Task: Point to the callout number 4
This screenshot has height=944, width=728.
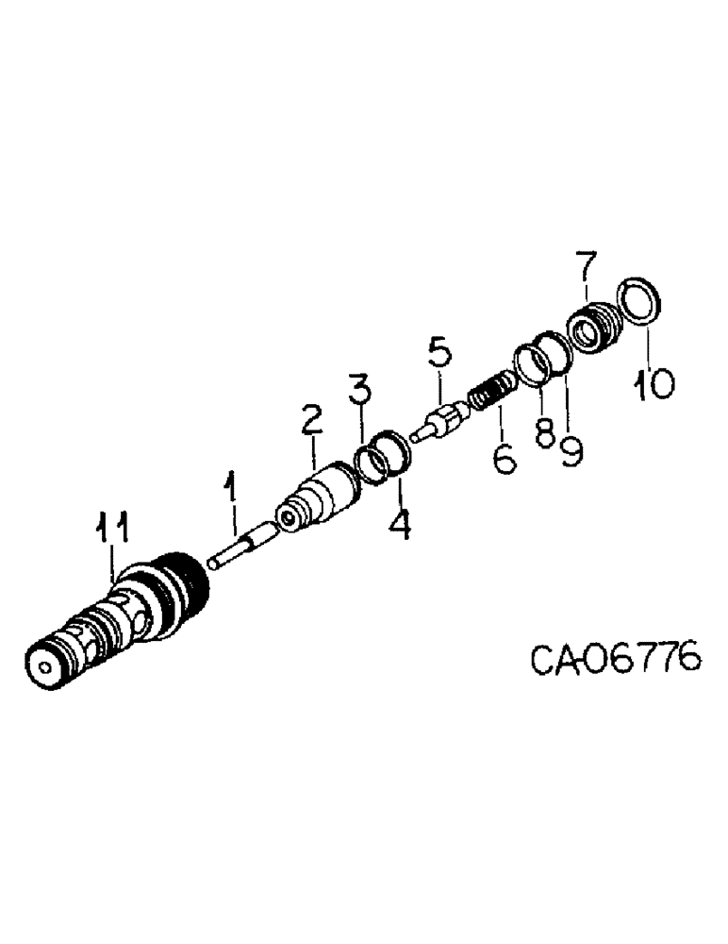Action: [400, 521]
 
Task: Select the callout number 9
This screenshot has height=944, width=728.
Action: [571, 451]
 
